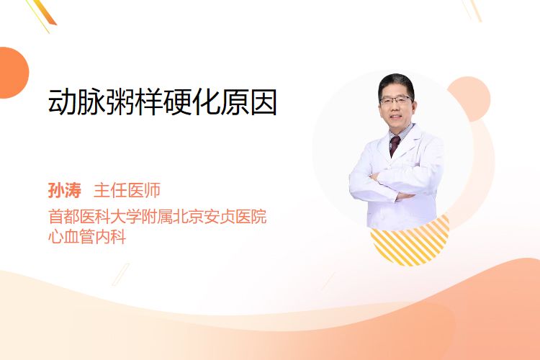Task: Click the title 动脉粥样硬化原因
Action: pyautogui.click(x=163, y=102)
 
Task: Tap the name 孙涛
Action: pyautogui.click(x=65, y=190)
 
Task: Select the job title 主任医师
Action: pyautogui.click(x=127, y=190)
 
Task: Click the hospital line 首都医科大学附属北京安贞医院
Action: pyautogui.click(x=158, y=217)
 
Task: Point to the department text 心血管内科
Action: pyautogui.click(x=87, y=237)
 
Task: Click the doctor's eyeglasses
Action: pyautogui.click(x=396, y=100)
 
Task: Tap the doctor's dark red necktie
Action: pyautogui.click(x=394, y=145)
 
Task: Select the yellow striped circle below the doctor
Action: pyautogui.click(x=410, y=241)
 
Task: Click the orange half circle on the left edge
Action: pyautogui.click(x=13, y=73)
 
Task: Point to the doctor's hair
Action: pyautogui.click(x=396, y=82)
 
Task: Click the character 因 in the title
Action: pyautogui.click(x=264, y=102)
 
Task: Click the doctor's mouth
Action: pyautogui.click(x=396, y=117)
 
